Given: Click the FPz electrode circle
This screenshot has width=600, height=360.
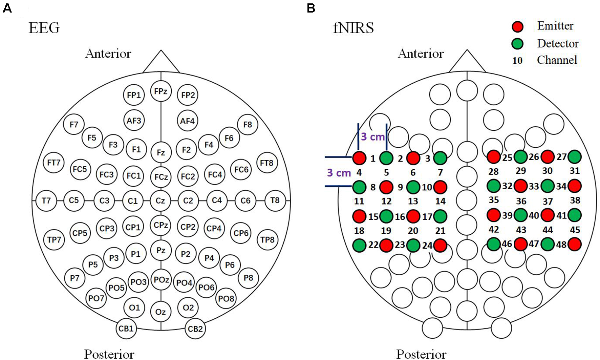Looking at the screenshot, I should point(161,91).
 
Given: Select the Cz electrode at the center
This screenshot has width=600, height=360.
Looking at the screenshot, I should point(160,200).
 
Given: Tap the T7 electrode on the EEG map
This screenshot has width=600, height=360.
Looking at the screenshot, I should point(46,200).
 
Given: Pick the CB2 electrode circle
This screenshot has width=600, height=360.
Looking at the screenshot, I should point(195,329).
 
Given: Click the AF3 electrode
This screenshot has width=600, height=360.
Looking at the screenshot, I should point(134,121).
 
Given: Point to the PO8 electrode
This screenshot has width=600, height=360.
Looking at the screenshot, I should point(226,298).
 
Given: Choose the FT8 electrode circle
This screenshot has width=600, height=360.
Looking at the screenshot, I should point(267,163).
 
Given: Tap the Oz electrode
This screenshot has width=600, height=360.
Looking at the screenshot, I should point(160,312).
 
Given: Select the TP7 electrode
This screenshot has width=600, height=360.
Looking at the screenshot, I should point(54,239).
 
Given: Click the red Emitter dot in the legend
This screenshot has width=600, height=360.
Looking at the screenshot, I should point(517,26).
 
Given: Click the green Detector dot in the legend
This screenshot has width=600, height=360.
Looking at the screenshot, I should point(517,44).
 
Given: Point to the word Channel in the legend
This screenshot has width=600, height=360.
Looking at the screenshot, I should point(557,60).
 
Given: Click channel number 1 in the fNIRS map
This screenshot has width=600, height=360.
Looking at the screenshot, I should point(373,158).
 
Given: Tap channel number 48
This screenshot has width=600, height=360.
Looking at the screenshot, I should point(561,244).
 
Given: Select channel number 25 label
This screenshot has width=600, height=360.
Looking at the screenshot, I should point(507,157).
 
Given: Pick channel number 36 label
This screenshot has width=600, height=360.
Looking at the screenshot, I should point(521,201).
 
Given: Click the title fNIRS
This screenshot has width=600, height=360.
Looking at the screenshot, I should point(353,28).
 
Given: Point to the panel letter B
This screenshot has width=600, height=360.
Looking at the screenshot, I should point(311,8).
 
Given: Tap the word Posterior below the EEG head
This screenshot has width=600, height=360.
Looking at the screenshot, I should point(109,354).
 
